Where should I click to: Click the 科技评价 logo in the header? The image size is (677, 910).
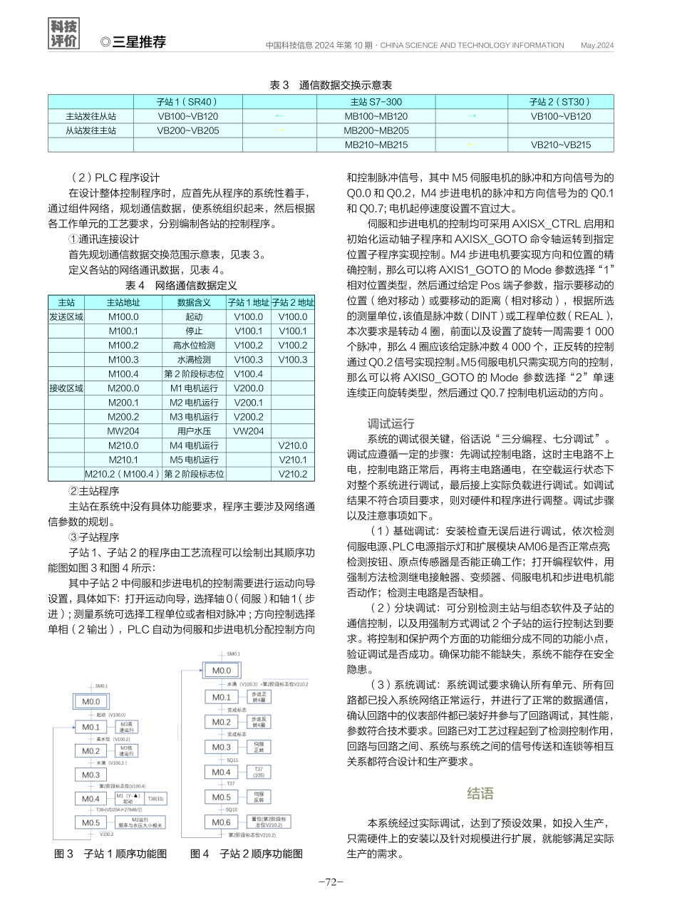[x=63, y=34]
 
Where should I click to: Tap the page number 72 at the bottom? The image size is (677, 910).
[x=331, y=881]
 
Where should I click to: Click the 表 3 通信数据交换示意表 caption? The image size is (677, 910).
[x=330, y=85]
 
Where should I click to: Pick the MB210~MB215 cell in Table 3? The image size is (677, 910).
[x=376, y=145]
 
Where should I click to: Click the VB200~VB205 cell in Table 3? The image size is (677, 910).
[x=187, y=130]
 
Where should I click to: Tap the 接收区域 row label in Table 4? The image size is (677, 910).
[x=66, y=388]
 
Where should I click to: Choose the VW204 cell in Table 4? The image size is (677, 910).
[x=248, y=431]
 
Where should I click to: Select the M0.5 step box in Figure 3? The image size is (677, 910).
[x=91, y=822]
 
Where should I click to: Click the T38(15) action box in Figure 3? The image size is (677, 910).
[x=155, y=798]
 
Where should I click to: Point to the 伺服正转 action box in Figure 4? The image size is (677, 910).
[x=259, y=747]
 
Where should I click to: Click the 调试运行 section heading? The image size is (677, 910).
[x=390, y=423]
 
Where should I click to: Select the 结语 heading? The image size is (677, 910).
[x=481, y=793]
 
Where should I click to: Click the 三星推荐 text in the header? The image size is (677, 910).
[x=138, y=42]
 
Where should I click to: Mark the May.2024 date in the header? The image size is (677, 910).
[x=597, y=45]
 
